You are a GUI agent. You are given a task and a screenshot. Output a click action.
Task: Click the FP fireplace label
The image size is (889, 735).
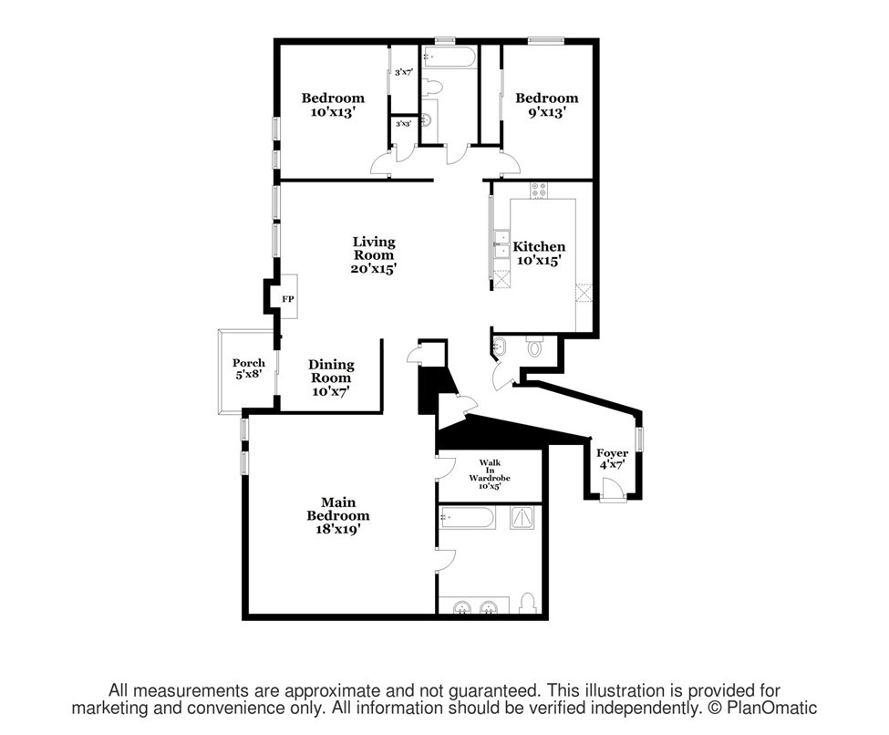288,299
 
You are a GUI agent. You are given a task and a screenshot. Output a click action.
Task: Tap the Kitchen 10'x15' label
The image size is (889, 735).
539,254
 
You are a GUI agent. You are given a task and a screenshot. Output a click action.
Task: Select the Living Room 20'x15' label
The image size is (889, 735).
374,255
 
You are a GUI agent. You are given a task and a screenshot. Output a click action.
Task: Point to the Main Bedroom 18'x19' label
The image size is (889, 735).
338,516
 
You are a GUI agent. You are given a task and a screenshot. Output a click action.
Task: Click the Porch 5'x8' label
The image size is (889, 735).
248,368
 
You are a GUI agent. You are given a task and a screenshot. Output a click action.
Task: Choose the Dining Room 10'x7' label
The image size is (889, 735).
331,378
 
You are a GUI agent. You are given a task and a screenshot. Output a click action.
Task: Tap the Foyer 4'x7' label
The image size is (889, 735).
613,459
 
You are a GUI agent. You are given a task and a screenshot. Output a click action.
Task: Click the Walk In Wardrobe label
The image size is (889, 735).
490,474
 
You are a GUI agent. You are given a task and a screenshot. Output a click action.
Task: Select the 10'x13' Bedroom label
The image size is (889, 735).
333,105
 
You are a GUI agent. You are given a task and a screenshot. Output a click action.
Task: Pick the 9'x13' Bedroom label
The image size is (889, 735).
546,105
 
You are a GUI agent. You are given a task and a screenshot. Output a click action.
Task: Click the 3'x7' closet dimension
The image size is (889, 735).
404,72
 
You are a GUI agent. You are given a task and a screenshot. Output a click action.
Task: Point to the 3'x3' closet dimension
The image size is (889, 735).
403,123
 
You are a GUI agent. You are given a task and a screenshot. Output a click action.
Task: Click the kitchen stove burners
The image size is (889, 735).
539,191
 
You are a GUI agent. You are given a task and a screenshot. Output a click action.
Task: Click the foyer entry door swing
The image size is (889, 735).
612,489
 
